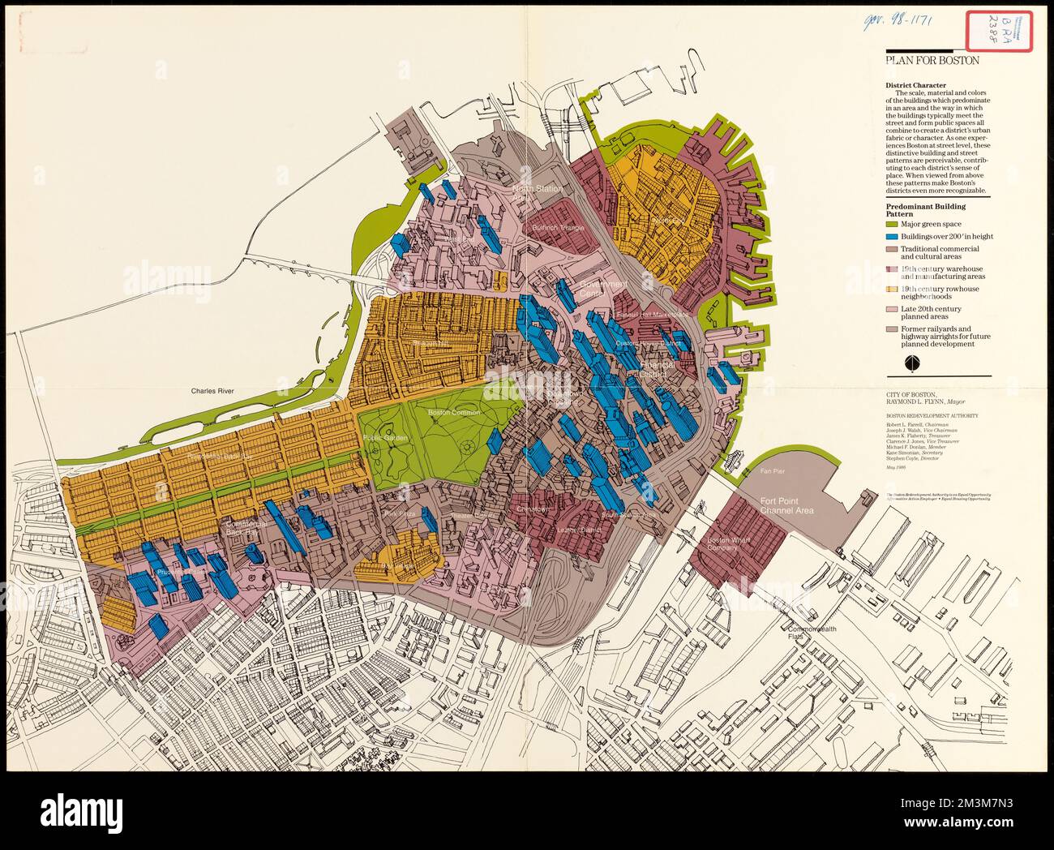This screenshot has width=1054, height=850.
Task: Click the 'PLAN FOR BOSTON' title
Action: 932,60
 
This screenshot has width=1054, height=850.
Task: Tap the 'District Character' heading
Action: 915,84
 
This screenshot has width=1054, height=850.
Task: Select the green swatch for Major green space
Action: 891,223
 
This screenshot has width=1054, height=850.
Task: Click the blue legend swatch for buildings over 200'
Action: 891,236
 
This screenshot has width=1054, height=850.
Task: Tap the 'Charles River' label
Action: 212,391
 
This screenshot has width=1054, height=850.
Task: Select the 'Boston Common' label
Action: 449,413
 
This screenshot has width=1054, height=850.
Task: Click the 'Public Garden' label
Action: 385,438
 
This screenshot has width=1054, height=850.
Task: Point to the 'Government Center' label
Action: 602,288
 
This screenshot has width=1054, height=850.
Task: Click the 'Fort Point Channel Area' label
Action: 786,506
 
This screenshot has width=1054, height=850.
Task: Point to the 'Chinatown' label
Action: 533,509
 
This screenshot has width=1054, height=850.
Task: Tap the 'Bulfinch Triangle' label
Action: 557,228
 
